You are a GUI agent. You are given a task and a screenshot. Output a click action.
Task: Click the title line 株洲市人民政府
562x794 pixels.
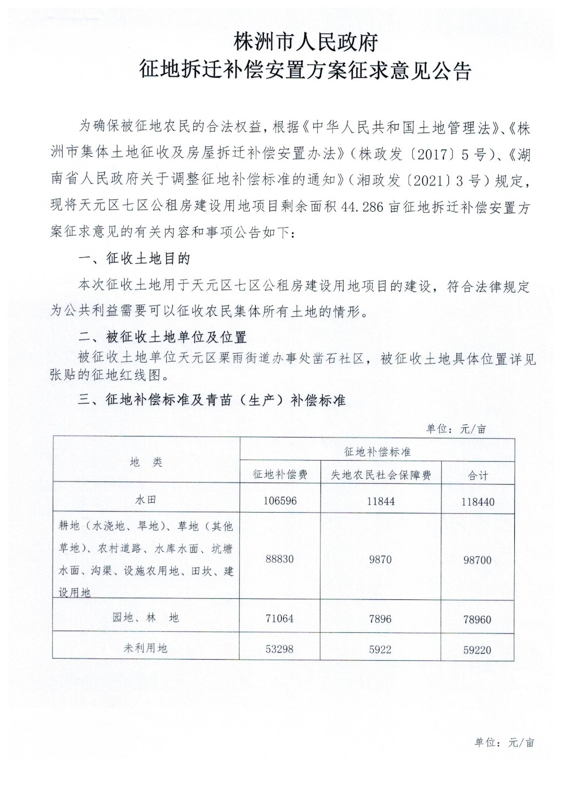(306, 42)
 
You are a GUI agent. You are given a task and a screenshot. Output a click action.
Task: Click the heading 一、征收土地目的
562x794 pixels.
(134, 258)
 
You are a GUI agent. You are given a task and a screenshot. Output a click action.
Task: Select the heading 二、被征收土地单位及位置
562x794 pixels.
(162, 337)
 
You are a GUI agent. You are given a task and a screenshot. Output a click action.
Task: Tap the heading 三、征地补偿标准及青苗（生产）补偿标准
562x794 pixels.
(211, 400)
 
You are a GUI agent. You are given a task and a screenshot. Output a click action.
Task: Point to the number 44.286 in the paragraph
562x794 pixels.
(362, 208)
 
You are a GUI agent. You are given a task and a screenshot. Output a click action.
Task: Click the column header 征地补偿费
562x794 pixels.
(280, 474)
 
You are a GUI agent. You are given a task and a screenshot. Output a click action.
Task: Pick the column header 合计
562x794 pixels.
(477, 475)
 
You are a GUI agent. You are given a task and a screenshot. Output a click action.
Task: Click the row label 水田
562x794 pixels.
(146, 500)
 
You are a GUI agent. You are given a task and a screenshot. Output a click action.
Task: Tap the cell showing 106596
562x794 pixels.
(280, 501)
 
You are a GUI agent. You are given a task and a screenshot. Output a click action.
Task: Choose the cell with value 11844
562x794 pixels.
(380, 501)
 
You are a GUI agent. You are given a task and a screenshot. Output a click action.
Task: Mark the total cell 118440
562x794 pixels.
(477, 502)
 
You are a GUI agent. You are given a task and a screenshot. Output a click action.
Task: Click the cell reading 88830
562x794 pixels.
(280, 559)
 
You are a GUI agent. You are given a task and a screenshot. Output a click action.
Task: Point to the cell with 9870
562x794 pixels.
(380, 560)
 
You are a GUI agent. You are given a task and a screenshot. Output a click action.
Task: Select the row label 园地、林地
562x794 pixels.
(146, 618)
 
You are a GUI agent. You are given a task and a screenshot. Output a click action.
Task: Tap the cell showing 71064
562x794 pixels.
(280, 619)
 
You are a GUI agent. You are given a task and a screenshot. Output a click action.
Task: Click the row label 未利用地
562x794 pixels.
(146, 648)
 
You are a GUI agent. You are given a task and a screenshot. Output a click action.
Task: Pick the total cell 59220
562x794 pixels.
(477, 650)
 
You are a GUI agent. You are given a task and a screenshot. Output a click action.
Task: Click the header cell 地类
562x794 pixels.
(146, 462)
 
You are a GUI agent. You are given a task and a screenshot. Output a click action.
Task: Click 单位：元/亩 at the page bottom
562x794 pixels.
(504, 743)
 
